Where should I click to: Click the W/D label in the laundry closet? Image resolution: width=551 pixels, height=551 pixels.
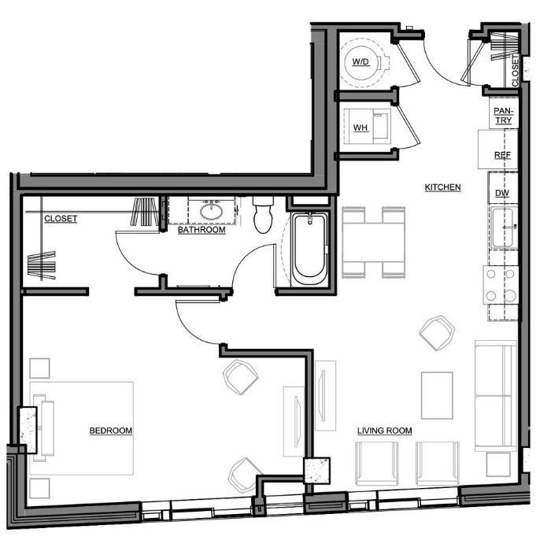click(361, 62)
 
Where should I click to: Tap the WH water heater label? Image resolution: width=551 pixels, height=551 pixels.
click(361, 128)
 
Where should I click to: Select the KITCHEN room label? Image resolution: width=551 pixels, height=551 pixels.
click(442, 187)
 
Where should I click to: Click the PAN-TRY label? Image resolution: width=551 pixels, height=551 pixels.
click(504, 116)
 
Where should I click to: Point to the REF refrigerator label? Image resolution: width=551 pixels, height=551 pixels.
click(502, 155)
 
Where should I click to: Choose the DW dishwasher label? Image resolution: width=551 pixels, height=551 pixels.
click(502, 193)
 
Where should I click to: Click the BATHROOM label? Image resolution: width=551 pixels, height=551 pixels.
click(202, 230)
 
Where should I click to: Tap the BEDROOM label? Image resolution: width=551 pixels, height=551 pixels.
click(111, 431)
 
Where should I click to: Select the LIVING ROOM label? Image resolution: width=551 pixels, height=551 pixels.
click(384, 431)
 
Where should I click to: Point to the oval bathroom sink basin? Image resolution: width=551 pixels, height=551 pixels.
click(211, 212)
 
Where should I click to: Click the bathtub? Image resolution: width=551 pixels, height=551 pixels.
click(310, 249)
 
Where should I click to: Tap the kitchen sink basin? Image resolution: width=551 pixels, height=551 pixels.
click(502, 227)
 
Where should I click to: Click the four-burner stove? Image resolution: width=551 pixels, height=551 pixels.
click(501, 285)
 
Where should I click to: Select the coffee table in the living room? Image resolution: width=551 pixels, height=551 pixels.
click(437, 395)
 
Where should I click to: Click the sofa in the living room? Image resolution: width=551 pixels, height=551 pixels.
click(495, 396)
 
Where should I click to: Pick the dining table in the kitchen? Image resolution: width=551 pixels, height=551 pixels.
click(374, 242)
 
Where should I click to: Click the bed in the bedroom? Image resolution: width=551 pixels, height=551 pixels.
click(82, 428)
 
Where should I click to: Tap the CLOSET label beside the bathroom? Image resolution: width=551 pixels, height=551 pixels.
click(61, 219)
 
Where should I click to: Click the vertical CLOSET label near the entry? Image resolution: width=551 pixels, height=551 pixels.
click(515, 69)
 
